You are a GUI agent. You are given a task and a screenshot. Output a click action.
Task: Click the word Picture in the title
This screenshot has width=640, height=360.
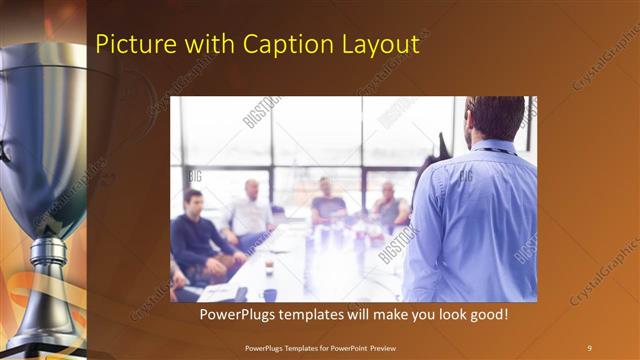(129, 45)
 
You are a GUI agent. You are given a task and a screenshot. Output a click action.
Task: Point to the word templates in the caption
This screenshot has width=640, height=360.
(318, 315)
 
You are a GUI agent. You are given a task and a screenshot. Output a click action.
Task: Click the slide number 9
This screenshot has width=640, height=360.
(589, 347)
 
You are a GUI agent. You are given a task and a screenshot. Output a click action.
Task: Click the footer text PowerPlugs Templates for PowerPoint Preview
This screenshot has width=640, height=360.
(320, 347)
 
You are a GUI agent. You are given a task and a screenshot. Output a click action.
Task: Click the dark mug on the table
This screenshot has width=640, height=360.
(270, 294)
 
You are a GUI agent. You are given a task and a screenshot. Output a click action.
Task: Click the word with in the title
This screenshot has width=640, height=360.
(209, 45)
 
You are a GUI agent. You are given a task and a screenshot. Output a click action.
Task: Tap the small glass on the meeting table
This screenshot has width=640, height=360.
(269, 266)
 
